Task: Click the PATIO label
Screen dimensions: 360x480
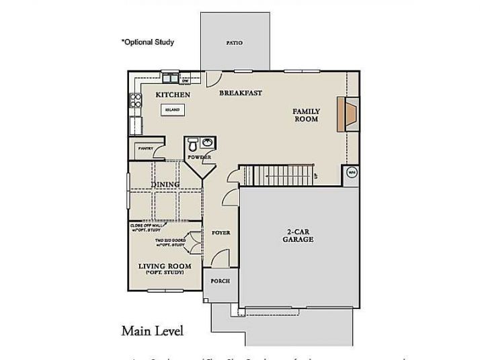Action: [x=234, y=43]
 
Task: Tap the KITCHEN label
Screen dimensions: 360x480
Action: [x=173, y=95]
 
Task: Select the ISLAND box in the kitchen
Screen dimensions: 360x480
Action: [x=172, y=109]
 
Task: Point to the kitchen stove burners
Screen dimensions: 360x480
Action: [x=135, y=100]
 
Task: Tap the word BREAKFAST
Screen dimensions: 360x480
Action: [x=240, y=93]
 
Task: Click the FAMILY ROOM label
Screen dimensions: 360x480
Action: [x=306, y=115]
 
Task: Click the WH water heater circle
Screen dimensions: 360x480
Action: [x=351, y=173]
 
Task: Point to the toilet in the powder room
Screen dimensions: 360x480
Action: [x=192, y=144]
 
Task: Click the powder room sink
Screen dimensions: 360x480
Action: [x=207, y=142]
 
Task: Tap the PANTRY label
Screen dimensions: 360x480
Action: [x=145, y=148]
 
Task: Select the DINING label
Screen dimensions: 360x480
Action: [x=165, y=185]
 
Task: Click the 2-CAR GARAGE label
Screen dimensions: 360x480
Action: [x=297, y=235]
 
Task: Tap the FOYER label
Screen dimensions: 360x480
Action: [x=221, y=233]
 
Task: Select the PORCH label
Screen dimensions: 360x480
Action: [x=220, y=281]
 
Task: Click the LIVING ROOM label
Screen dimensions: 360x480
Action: [x=165, y=267]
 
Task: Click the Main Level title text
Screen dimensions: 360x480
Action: [x=152, y=330]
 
